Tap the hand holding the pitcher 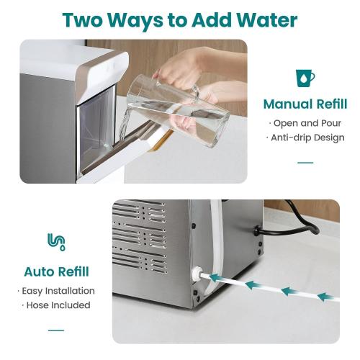pyautogui.click(x=173, y=72)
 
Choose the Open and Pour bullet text pyautogui.click(x=305, y=122)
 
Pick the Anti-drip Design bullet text pyautogui.click(x=305, y=138)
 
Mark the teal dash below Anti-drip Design pyautogui.click(x=305, y=162)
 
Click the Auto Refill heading pyautogui.click(x=56, y=271)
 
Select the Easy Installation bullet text pyautogui.click(x=56, y=291)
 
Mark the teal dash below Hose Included pyautogui.click(x=56, y=330)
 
